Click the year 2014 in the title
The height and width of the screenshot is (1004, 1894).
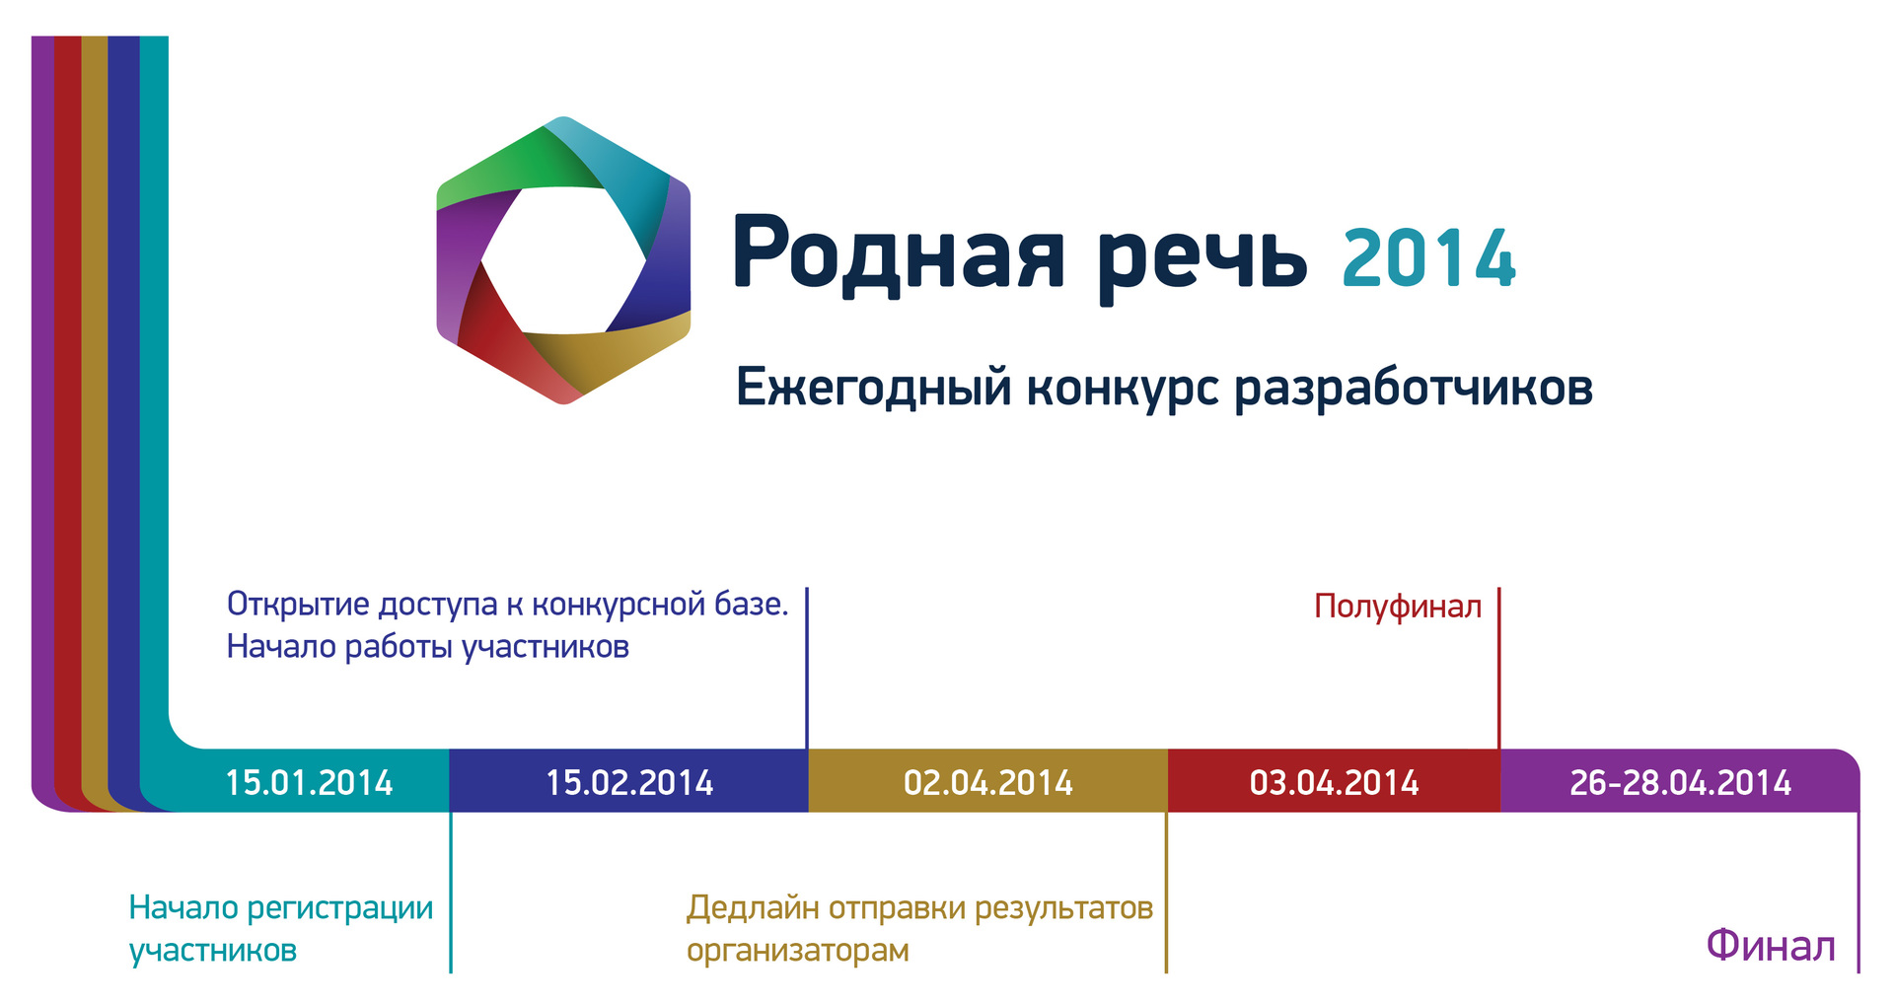pyautogui.click(x=1428, y=258)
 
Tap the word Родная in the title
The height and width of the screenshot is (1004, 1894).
pyautogui.click(x=898, y=254)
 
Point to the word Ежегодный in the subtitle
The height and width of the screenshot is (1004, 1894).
pyautogui.click(x=874, y=387)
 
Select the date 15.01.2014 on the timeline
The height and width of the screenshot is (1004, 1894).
pyautogui.click(x=309, y=783)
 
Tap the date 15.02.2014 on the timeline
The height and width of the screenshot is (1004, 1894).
pyautogui.click(x=629, y=783)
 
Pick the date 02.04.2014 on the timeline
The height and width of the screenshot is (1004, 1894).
pyautogui.click(x=988, y=783)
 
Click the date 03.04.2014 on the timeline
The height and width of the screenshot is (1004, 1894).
pyautogui.click(x=1334, y=783)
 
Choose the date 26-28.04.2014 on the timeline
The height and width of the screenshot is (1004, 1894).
pyautogui.click(x=1680, y=783)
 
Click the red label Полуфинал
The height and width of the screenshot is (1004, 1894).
pyautogui.click(x=1398, y=607)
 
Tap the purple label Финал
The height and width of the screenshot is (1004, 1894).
pyautogui.click(x=1771, y=946)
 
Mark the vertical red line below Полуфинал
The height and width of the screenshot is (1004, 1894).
pyautogui.click(x=1498, y=669)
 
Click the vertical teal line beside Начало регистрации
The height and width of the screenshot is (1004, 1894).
pyautogui.click(x=451, y=893)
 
